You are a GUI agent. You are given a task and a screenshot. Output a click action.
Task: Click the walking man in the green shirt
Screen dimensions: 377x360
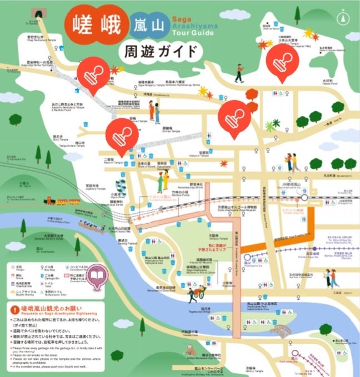(239, 72)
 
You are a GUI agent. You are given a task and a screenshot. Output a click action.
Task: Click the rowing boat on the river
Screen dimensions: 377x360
(91, 226)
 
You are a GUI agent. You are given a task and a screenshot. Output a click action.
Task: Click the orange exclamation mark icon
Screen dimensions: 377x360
(13, 309)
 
